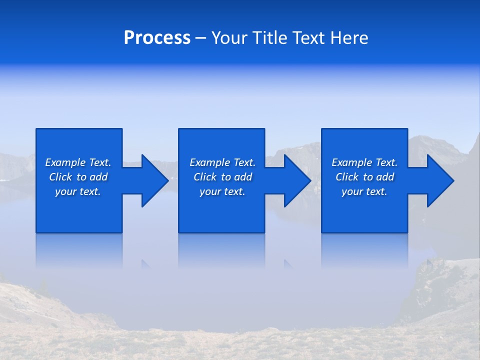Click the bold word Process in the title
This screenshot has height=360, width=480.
click(157, 38)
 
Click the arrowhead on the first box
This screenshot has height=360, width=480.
click(152, 180)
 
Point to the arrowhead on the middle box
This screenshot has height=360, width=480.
click(295, 180)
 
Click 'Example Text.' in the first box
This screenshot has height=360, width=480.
click(78, 162)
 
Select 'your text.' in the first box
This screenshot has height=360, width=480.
click(78, 191)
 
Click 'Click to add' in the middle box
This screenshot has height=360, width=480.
click(222, 177)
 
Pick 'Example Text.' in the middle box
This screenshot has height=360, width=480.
click(222, 162)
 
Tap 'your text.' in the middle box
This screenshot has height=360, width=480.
click(222, 191)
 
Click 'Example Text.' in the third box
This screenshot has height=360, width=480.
click(364, 162)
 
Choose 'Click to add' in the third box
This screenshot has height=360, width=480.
click(364, 177)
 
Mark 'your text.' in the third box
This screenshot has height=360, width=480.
click(364, 191)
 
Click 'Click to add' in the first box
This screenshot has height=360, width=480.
click(78, 177)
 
